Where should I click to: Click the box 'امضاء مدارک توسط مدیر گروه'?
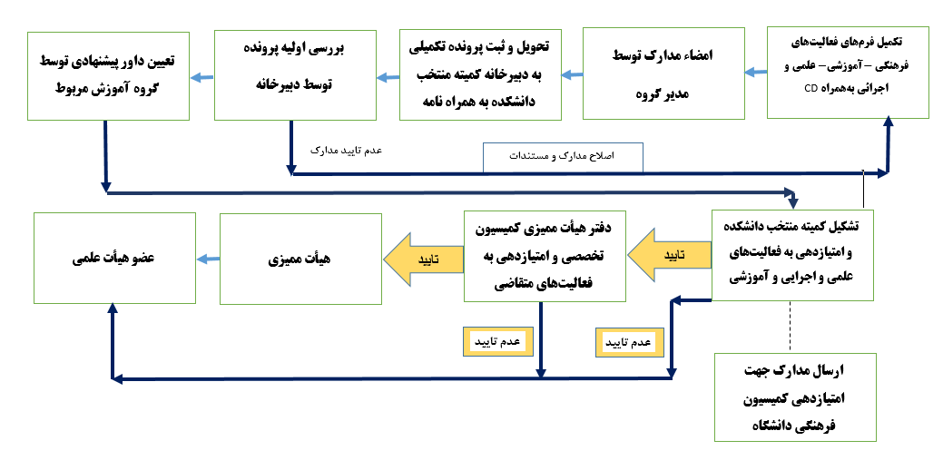click(x=663, y=73)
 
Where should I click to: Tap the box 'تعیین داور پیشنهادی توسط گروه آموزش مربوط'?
click(x=107, y=73)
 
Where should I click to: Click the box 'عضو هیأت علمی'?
click(x=114, y=259)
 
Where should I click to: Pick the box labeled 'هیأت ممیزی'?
click(x=300, y=259)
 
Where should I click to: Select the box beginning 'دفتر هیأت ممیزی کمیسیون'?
click(x=545, y=257)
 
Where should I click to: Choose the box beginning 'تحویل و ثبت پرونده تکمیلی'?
click(x=481, y=73)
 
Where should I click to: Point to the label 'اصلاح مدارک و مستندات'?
click(x=563, y=157)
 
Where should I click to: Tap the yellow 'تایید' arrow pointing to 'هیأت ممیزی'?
click(x=421, y=258)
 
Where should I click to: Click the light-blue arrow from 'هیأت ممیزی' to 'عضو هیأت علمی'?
click(x=208, y=259)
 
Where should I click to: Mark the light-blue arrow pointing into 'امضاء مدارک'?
click(x=755, y=73)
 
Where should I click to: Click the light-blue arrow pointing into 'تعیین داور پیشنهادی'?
click(x=201, y=76)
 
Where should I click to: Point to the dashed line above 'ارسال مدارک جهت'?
click(x=791, y=326)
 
